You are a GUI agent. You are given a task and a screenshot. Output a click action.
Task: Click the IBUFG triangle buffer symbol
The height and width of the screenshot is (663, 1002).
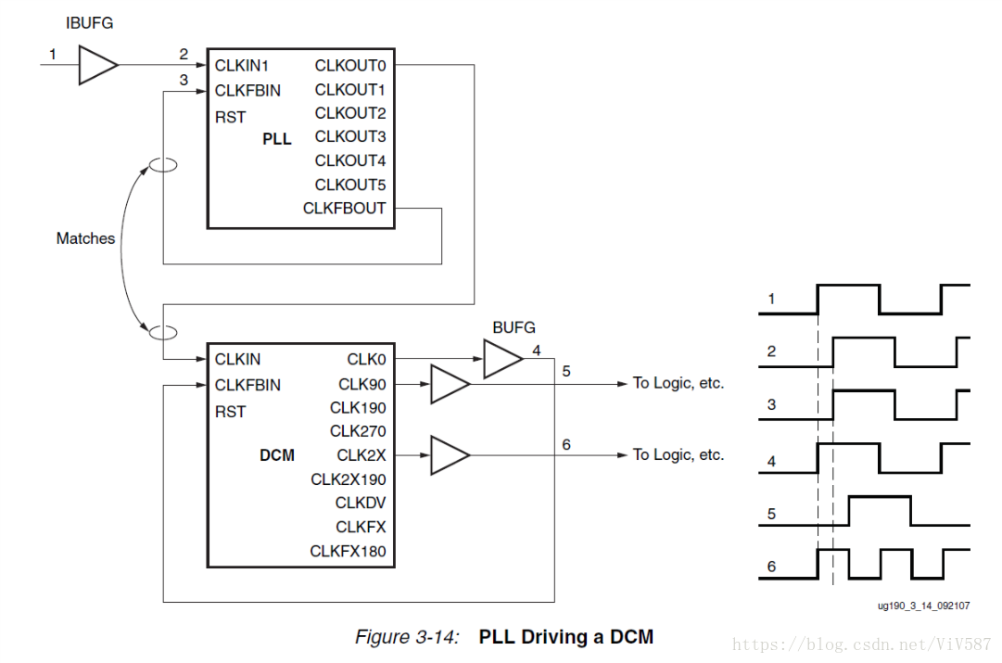point(96,66)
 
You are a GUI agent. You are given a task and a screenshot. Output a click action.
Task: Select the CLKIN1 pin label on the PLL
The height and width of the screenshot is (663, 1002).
point(242,66)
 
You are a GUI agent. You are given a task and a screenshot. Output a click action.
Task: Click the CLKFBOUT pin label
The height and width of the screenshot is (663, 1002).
point(344,209)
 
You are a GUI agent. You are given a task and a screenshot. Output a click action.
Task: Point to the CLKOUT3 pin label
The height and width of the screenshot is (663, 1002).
point(349,136)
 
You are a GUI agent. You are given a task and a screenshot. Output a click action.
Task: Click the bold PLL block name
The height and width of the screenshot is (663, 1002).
point(276,139)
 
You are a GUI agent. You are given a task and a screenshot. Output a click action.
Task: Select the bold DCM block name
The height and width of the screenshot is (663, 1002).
point(277,455)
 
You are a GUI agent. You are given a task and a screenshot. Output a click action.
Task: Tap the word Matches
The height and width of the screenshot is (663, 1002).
point(85,238)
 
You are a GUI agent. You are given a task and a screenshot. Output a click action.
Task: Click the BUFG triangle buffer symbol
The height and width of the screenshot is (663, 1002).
point(501,358)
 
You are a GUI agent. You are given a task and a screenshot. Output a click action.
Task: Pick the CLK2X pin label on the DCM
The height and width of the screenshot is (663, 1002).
point(361,455)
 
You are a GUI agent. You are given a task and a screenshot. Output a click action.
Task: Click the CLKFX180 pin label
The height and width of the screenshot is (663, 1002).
point(348,552)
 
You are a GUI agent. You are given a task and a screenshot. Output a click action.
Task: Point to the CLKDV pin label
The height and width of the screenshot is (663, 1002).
point(361,503)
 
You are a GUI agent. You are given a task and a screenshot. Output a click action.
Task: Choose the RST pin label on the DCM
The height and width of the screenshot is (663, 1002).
point(230,412)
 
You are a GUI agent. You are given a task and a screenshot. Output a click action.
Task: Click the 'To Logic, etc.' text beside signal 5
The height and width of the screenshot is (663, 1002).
point(679,383)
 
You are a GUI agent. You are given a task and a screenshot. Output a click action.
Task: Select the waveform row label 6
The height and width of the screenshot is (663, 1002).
point(771,567)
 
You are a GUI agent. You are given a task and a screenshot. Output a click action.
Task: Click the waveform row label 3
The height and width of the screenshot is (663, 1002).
point(771,405)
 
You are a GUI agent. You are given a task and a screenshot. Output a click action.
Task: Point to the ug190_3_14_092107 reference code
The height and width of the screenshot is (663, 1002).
point(923,606)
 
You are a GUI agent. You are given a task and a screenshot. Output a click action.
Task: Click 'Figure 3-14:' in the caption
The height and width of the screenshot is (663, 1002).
point(407,637)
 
